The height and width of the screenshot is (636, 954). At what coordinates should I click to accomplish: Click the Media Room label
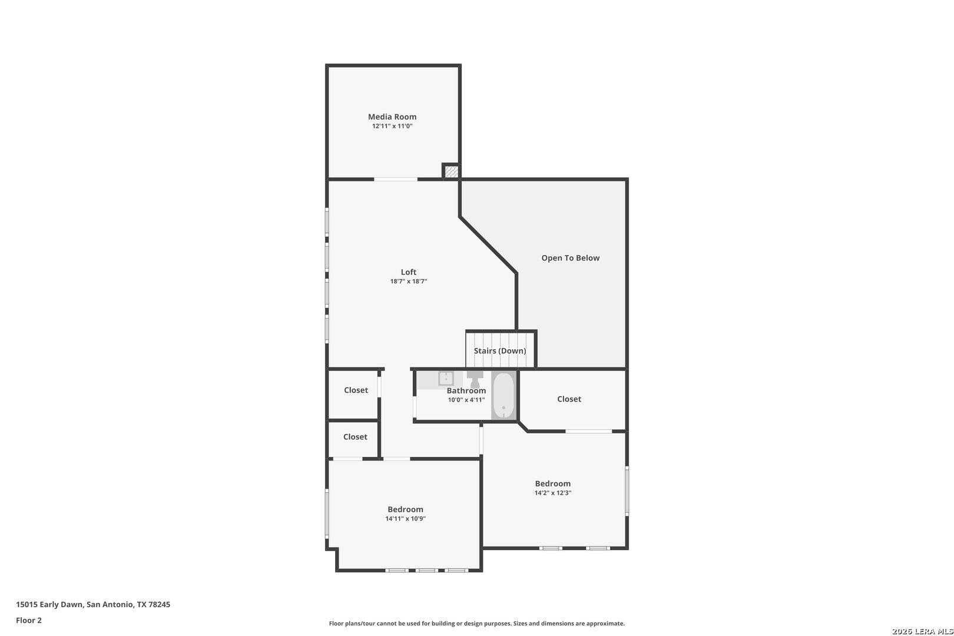point(392,117)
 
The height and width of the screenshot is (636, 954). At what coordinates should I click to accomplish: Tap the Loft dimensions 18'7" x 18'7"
point(409,281)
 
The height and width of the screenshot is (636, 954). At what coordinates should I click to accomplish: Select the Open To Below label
point(570,258)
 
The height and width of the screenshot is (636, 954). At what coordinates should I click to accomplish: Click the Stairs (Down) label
point(500,350)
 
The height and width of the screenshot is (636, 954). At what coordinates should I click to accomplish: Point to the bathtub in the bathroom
point(503,396)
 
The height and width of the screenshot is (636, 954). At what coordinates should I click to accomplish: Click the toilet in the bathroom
point(475,379)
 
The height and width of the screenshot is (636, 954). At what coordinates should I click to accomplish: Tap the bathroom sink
point(446,378)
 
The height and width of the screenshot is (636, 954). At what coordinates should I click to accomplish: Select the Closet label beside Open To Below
point(569,399)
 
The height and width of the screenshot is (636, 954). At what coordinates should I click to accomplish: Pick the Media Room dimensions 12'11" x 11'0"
point(392,126)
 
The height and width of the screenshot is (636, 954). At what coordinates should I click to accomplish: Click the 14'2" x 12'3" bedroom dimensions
point(553,493)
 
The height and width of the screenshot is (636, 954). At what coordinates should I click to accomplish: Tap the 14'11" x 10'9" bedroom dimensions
point(405,518)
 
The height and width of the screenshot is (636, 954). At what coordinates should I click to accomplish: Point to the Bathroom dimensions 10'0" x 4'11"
point(466,400)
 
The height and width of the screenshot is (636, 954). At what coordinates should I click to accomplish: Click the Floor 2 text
point(29,620)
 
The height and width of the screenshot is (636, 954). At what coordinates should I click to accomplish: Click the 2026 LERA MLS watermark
point(922,631)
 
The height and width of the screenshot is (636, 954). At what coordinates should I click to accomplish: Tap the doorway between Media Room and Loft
point(396,180)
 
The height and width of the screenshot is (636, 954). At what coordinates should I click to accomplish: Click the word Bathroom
point(466,390)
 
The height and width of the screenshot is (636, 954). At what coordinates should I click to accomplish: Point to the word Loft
point(409,272)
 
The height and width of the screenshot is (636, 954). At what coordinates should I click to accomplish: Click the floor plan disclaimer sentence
point(476,623)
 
